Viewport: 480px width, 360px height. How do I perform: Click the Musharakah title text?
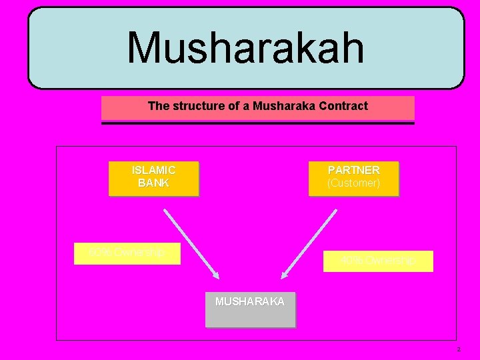point(245,48)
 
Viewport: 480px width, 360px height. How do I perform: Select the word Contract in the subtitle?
point(343,106)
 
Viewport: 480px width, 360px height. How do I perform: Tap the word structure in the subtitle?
point(196,106)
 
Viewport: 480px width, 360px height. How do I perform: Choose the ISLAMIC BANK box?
point(153,179)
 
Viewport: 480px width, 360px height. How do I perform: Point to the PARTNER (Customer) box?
point(353,179)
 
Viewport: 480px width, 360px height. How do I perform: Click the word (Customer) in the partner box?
point(353,183)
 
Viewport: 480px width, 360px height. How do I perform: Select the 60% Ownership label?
point(127,253)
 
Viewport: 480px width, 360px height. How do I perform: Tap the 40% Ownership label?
point(378,261)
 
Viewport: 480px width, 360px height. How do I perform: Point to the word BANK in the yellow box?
point(153,183)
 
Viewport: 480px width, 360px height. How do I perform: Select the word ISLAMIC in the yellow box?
point(153,171)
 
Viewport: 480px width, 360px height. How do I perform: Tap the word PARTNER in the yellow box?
point(353,171)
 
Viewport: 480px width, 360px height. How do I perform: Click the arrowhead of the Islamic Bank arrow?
point(215,273)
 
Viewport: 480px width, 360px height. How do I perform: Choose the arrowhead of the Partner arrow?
point(285,273)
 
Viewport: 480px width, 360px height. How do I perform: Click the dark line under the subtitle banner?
point(257,123)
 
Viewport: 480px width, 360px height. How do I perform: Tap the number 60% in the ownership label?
point(99,253)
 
